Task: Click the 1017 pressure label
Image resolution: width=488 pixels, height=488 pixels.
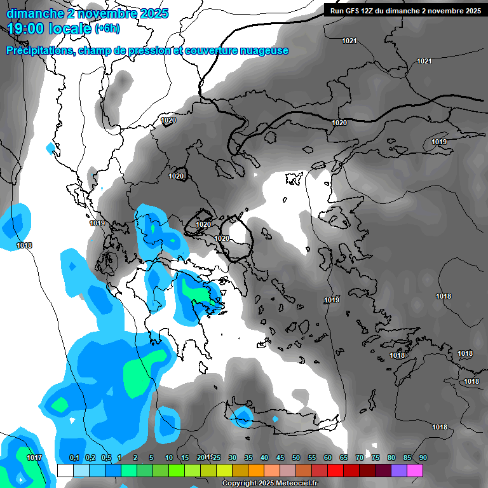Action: pos(34,457)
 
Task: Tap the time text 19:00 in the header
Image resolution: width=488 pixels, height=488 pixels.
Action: pos(28,27)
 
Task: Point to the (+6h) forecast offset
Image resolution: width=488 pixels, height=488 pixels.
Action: pos(107,28)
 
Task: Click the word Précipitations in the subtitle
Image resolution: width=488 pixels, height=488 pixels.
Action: pos(40,51)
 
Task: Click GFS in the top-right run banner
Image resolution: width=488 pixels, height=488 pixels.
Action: pos(355,11)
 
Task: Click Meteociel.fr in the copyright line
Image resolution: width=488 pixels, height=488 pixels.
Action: pos(297,484)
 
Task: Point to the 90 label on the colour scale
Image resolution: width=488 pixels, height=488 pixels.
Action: pos(423,457)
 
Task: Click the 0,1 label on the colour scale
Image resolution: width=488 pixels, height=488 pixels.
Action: pos(74,457)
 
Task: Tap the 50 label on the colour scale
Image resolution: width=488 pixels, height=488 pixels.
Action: pos(296,457)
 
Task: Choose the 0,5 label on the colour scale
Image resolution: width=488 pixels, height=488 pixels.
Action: pos(106,457)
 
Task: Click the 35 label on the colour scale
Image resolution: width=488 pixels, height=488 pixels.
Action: pos(248,457)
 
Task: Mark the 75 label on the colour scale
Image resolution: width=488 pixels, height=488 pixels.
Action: pos(376,457)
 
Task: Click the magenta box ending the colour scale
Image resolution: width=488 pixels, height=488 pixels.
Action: pos(415,470)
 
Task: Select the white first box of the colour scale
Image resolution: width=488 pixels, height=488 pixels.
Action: pos(65,470)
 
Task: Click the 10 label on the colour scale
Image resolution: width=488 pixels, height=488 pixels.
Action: pos(169,457)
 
